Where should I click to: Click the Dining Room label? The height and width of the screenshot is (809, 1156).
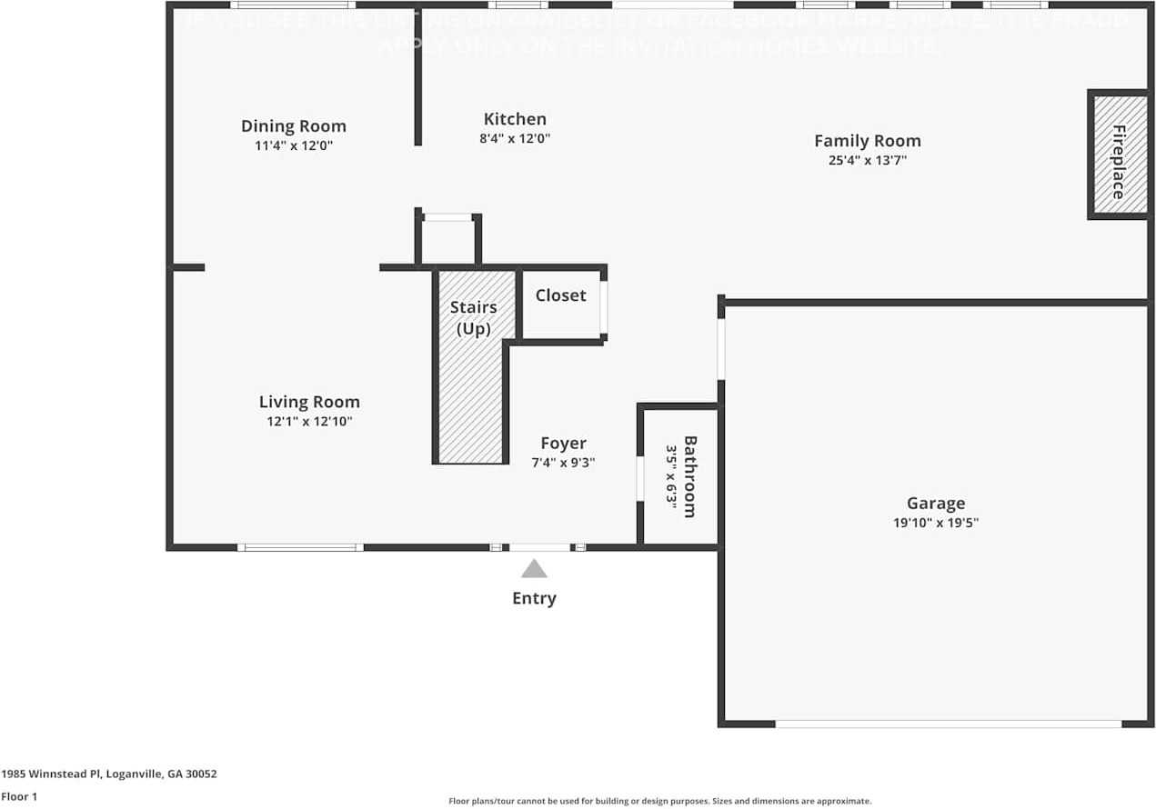[x=293, y=126]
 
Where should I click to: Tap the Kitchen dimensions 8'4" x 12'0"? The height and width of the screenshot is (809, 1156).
[x=515, y=139]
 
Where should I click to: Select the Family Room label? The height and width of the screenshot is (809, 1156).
[x=867, y=141]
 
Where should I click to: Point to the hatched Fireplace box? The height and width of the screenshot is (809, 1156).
[x=1118, y=155]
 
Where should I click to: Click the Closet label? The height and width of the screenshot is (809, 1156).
[x=560, y=295]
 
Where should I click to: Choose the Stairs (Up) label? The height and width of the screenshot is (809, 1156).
[x=473, y=317]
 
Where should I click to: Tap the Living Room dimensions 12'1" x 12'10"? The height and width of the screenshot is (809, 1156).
[x=309, y=422]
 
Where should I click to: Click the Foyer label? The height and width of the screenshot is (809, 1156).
[x=563, y=444]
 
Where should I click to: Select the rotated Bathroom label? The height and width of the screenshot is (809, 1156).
[x=690, y=476]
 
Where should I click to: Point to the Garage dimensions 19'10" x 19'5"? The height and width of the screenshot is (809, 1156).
[x=935, y=523]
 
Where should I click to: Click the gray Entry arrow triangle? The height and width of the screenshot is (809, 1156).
[x=534, y=570]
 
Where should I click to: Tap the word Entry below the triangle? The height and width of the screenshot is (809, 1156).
[x=534, y=598]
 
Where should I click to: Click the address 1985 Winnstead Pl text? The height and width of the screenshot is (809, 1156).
[x=109, y=774]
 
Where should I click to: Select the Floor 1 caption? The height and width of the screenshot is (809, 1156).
[x=18, y=796]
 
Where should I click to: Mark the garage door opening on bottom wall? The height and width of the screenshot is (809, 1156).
[x=948, y=724]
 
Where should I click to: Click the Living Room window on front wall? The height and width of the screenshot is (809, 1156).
[x=300, y=547]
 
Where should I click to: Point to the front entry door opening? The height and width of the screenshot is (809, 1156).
[x=539, y=547]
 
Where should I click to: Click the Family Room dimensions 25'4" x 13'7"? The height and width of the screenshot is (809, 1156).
[x=867, y=161]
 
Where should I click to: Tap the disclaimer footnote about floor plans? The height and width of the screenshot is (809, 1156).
[x=660, y=801]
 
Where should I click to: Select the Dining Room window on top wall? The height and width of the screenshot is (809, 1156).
[x=292, y=5]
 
